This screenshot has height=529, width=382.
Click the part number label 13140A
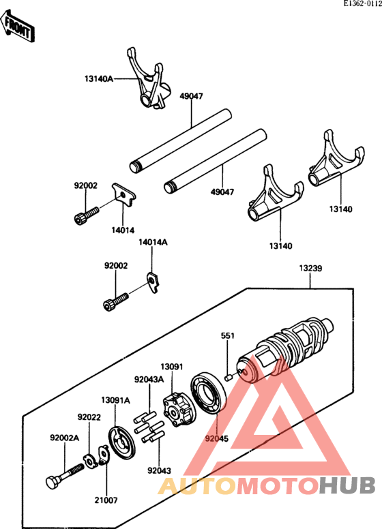[x=100, y=79]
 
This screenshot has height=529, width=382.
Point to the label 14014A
[x=153, y=242]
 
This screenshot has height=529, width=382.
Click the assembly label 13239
[x=310, y=269]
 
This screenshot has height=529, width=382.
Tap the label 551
[x=227, y=335]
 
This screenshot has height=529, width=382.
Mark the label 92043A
[x=148, y=380]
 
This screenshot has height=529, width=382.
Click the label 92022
[x=89, y=417]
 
